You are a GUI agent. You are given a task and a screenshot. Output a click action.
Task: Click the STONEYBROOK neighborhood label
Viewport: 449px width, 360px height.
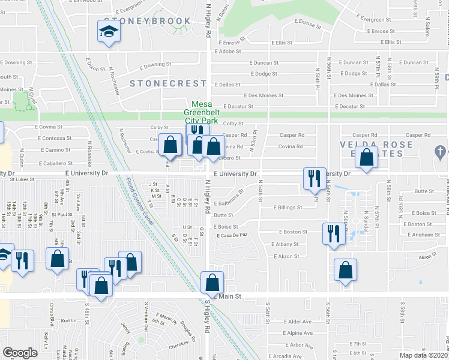click(148, 21)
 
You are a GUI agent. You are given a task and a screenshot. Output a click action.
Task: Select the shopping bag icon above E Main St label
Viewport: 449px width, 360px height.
click(212, 282)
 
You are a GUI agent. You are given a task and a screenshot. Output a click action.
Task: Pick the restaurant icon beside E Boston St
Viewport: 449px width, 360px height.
click(332, 233)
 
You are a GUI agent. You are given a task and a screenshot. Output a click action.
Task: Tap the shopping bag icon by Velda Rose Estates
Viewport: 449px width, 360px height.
click(366, 157)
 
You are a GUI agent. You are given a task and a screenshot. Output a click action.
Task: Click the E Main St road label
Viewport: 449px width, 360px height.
click(228, 296)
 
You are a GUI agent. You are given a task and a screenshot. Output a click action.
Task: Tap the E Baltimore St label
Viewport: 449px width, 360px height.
click(228, 199)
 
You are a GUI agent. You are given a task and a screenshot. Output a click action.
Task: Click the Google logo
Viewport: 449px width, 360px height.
click(20, 352)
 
